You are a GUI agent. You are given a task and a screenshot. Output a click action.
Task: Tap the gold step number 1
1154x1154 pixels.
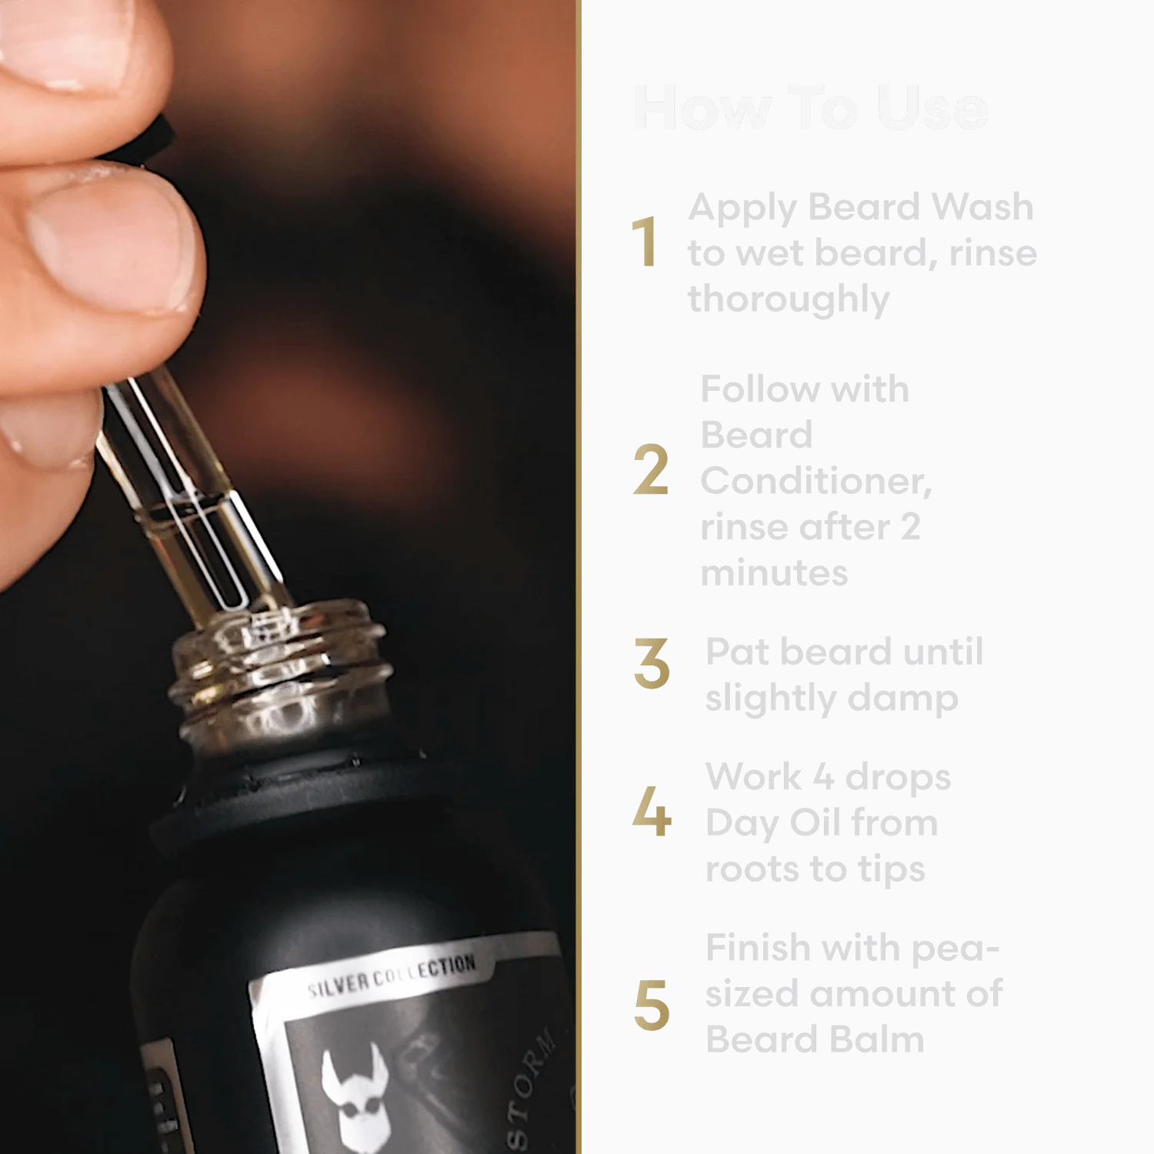(x=645, y=243)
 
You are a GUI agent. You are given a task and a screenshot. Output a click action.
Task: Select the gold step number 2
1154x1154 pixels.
(x=650, y=471)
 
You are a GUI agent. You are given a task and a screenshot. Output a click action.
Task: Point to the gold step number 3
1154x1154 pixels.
(x=651, y=663)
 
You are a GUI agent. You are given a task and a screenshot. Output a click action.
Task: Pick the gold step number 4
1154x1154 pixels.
(x=651, y=811)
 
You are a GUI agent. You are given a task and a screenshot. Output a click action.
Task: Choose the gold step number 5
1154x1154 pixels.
(x=651, y=1005)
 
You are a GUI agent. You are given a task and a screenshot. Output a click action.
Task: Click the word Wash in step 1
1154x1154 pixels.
(x=982, y=207)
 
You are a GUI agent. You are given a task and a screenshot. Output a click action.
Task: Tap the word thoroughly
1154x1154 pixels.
(x=789, y=300)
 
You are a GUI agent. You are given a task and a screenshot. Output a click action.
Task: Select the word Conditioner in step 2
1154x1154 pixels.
(x=815, y=482)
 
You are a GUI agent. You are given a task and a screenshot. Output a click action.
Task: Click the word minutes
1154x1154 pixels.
(x=774, y=574)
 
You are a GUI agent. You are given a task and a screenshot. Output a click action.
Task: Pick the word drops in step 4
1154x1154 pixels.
(x=898, y=778)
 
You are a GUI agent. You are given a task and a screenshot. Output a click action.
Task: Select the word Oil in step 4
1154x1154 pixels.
(x=815, y=823)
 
